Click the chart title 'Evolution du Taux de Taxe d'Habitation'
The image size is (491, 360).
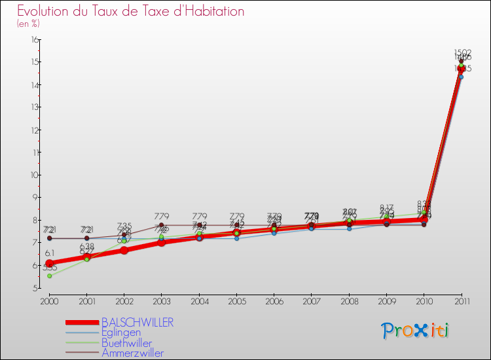(x=131, y=12)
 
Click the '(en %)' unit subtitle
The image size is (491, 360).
(x=29, y=24)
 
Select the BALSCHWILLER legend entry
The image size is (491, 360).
(x=137, y=323)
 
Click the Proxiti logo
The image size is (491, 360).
(x=415, y=331)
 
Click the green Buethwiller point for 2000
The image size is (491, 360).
(x=49, y=276)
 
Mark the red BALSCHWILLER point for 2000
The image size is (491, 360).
(x=49, y=263)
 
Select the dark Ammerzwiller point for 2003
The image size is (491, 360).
(x=162, y=225)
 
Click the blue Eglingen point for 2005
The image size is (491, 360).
(x=236, y=238)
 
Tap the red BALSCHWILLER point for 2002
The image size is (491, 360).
(x=124, y=250)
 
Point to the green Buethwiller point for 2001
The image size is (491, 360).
(x=86, y=259)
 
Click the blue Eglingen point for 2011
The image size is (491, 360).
(x=461, y=77)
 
